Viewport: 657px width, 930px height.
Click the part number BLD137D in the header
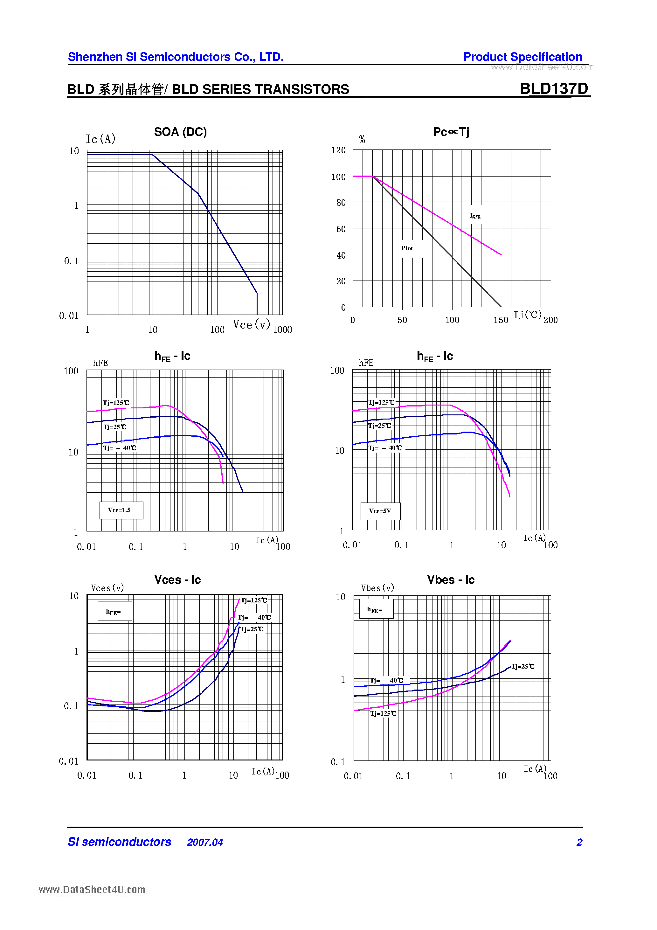553,88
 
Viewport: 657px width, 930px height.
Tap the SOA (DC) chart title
180,132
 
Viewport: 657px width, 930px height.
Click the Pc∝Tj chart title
451,132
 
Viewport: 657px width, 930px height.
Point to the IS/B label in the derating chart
475,216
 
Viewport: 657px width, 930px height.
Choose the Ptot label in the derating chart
407,248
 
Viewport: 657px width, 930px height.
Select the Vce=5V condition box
380,511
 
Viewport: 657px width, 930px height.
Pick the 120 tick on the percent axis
338,150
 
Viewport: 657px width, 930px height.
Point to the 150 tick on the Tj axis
501,320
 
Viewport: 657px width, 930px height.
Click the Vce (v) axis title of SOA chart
251,324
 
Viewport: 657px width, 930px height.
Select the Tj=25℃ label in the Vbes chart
522,666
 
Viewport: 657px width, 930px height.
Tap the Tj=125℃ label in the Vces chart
254,600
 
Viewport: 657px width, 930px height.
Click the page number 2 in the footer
579,843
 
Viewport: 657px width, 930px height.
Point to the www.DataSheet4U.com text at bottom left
92,890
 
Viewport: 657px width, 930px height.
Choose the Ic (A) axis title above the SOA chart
100,139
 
